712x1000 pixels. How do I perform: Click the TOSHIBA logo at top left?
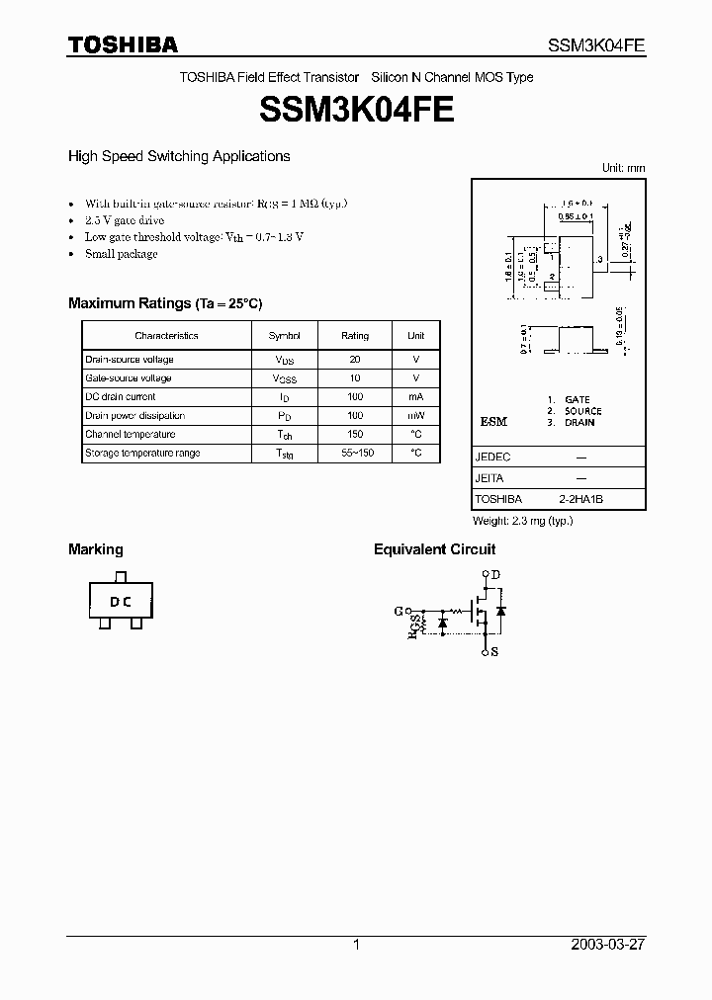click(123, 44)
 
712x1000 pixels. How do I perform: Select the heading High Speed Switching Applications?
click(179, 156)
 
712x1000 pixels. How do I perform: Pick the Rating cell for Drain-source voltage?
click(355, 360)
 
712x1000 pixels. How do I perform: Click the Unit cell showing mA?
click(416, 397)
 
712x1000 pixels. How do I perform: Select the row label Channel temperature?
click(131, 434)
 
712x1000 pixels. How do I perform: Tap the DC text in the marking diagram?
click(121, 601)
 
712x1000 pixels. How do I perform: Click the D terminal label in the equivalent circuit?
click(495, 575)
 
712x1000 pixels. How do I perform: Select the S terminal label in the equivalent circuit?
click(495, 652)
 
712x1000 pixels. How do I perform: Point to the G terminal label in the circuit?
click(399, 611)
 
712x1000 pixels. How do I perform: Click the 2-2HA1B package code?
click(581, 500)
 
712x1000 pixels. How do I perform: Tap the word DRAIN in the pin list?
click(579, 422)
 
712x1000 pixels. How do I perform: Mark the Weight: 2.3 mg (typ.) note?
click(523, 521)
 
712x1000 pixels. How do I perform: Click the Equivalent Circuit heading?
click(434, 549)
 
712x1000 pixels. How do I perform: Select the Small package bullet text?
click(121, 254)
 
